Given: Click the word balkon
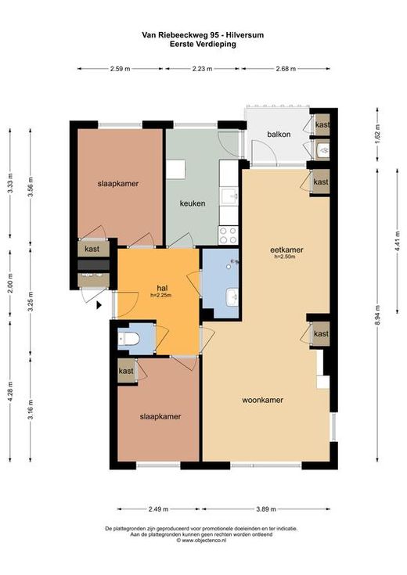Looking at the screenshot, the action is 279,135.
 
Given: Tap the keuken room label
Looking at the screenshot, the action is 193,203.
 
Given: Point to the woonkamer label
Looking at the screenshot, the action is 262,400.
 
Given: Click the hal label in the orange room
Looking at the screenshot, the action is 162,288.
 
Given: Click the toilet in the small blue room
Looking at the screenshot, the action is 128,339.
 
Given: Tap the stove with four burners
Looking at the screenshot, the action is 229,235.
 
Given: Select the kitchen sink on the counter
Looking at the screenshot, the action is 229,196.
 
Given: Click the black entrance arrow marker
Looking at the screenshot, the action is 99,305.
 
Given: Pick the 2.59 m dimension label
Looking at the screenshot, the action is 120,69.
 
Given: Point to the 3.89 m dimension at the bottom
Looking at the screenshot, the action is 266,509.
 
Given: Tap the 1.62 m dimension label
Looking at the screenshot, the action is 377,135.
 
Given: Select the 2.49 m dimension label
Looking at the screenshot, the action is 158,509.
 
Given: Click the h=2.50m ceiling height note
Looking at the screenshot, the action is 285,257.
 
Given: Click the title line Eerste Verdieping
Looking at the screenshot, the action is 203,44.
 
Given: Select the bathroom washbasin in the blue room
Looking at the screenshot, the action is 232,297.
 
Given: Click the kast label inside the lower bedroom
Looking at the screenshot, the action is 126,371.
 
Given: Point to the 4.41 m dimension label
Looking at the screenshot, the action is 397,241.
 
